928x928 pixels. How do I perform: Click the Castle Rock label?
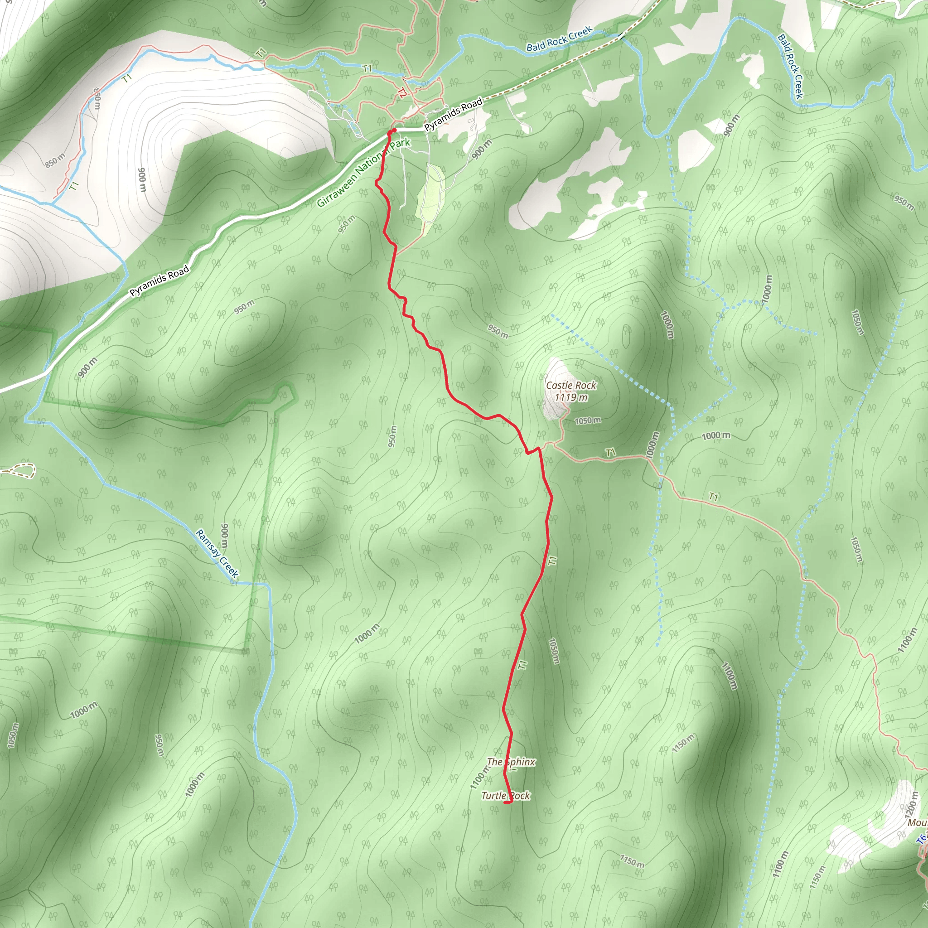tap(570, 385)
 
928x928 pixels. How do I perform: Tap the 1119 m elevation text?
tap(570, 397)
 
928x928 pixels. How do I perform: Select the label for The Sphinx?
tap(511, 762)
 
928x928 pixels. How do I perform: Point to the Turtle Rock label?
tap(505, 795)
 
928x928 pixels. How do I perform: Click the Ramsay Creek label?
tap(217, 553)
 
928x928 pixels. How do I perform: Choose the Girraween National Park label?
tap(363, 172)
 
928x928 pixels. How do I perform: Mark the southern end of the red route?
tap(506, 802)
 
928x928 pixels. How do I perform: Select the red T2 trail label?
tap(401, 94)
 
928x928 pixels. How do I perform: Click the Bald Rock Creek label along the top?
tap(559, 39)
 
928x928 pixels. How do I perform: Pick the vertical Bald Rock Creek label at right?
tap(790, 66)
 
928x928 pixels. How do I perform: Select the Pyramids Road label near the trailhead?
tap(453, 114)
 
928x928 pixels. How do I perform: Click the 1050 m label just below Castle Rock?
tap(587, 421)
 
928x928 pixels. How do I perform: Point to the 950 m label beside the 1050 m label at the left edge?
tap(159, 746)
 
